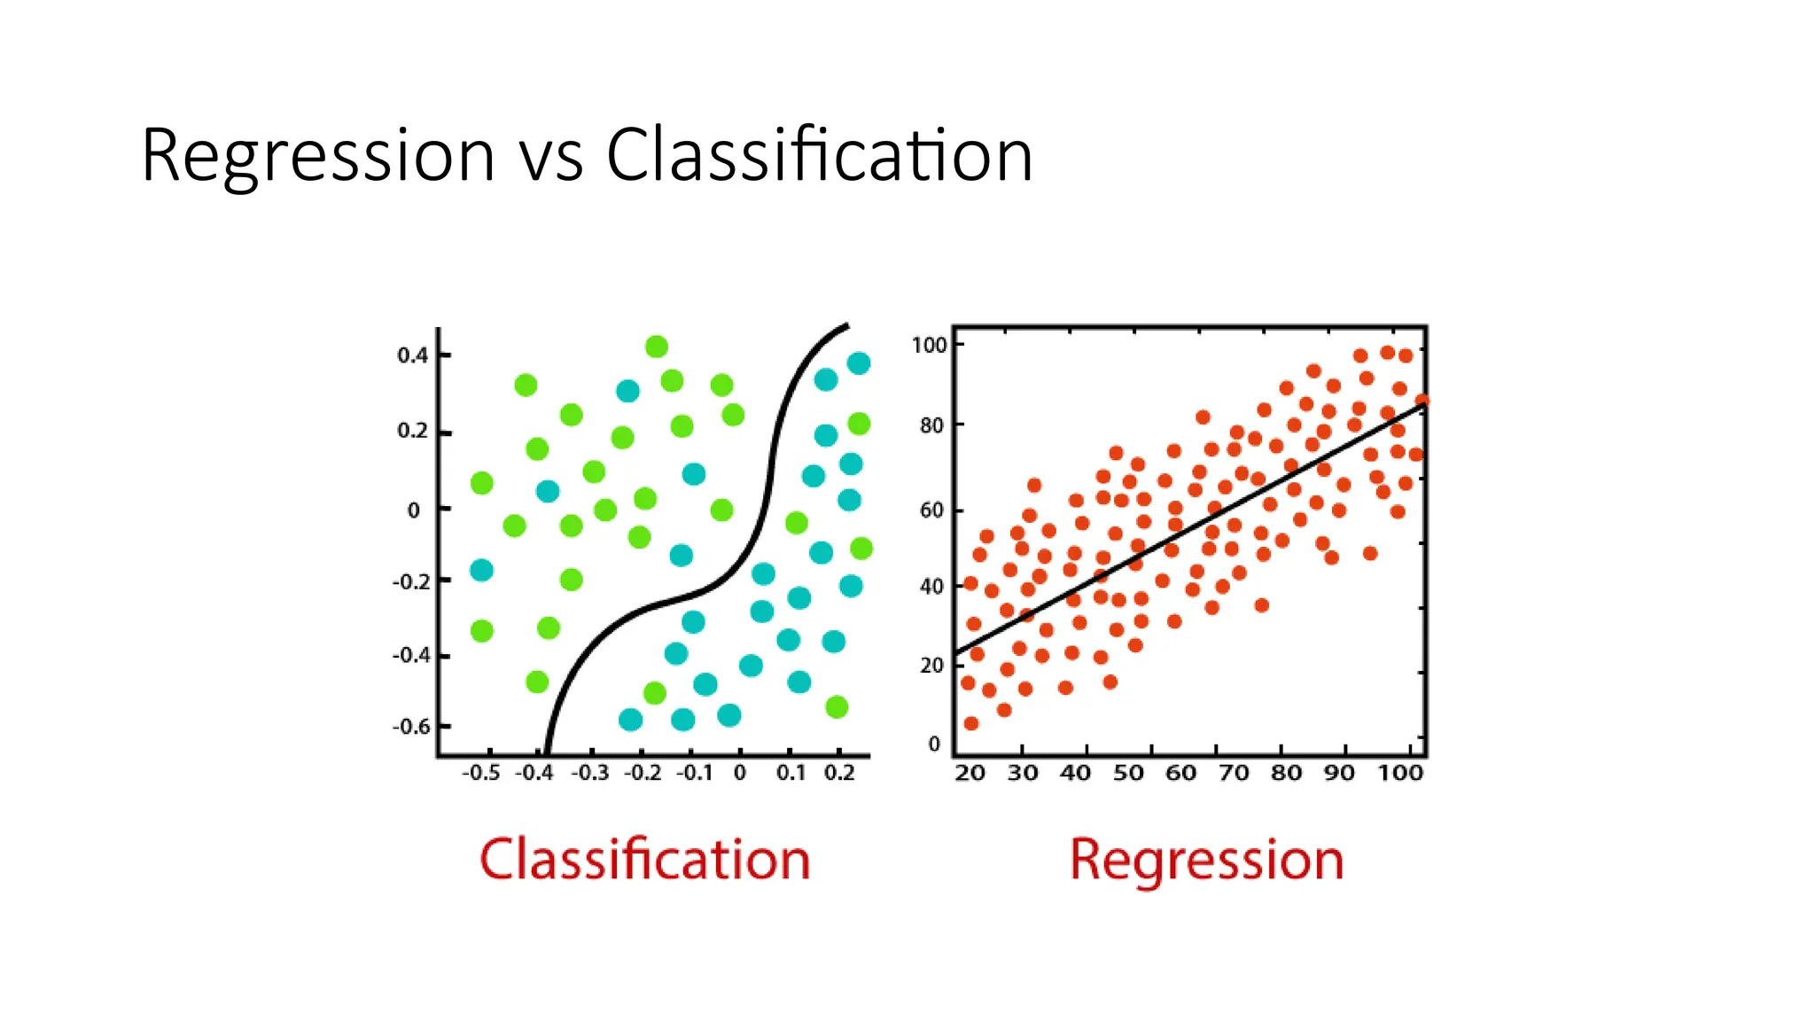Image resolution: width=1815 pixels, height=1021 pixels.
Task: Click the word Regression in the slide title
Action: click(317, 156)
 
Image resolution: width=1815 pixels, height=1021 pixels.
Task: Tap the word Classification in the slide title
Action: click(819, 156)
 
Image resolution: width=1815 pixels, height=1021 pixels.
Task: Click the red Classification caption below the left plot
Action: click(644, 859)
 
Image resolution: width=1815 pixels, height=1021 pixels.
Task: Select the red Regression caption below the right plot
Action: click(1206, 859)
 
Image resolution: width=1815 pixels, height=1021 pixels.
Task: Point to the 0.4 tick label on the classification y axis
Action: click(412, 355)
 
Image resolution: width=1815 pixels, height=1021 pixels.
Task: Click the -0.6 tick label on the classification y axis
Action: click(411, 727)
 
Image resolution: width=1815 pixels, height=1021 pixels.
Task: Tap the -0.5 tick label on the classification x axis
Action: click(480, 773)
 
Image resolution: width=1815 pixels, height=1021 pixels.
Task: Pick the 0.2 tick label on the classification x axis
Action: click(839, 773)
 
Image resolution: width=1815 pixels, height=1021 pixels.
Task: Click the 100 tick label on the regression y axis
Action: click(930, 345)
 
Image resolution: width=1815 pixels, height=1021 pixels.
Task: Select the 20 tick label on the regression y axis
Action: click(931, 665)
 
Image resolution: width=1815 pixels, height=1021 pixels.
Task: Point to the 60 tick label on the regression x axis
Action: click(1180, 773)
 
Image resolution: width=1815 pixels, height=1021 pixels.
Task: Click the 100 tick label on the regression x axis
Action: click(1399, 773)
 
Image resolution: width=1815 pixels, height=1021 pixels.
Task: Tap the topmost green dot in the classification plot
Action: click(657, 347)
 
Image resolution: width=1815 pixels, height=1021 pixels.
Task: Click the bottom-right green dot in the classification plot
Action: click(837, 706)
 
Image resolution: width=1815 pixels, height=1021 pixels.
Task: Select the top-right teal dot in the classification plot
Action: click(859, 363)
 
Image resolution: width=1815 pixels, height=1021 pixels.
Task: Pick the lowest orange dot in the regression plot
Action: click(971, 723)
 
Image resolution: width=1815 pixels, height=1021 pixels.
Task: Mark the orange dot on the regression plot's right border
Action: click(1422, 401)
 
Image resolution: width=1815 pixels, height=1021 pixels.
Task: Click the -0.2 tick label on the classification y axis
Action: click(411, 582)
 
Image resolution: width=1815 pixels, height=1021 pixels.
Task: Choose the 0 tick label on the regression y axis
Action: click(934, 744)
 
